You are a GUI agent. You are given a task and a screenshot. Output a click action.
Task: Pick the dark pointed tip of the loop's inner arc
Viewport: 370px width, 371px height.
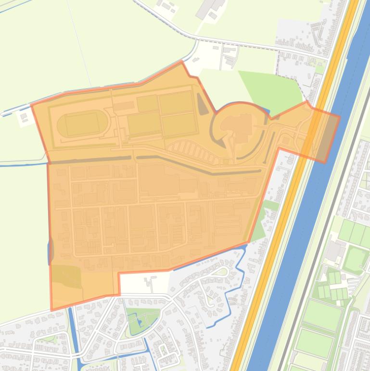tap(222, 143)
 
